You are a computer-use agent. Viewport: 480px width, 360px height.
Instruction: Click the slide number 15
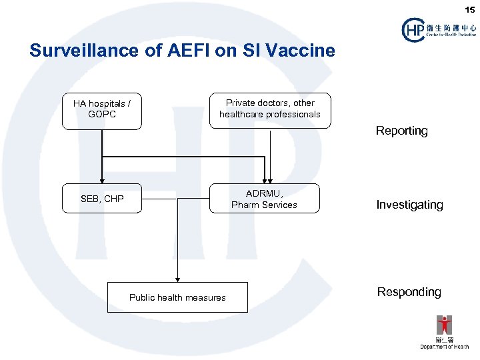coord(471,9)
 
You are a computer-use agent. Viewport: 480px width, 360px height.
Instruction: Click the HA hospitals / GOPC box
coord(102,110)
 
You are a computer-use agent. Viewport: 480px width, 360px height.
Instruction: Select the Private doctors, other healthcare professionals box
coord(270,109)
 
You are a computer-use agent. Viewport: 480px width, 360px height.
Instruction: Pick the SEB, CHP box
coord(102,199)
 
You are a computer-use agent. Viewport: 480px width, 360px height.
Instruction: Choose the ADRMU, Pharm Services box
coord(264,199)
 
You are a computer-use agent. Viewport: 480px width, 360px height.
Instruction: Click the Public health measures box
coord(177,297)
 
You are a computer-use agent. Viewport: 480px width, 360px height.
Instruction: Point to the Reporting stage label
coord(401,131)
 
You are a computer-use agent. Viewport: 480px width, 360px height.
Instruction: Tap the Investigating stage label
coord(409,205)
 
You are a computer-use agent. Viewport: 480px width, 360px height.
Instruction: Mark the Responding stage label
coord(409,292)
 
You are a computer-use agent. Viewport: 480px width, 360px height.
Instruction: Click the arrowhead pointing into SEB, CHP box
coord(102,180)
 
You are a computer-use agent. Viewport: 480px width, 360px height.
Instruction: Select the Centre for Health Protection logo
coord(439,29)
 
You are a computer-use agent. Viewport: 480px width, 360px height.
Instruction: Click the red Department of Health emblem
coord(444,325)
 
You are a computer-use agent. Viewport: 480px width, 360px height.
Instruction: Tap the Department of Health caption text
coord(444,347)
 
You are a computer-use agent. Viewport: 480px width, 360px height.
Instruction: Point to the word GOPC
coord(102,115)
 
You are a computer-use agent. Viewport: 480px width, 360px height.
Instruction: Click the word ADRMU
coord(264,193)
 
